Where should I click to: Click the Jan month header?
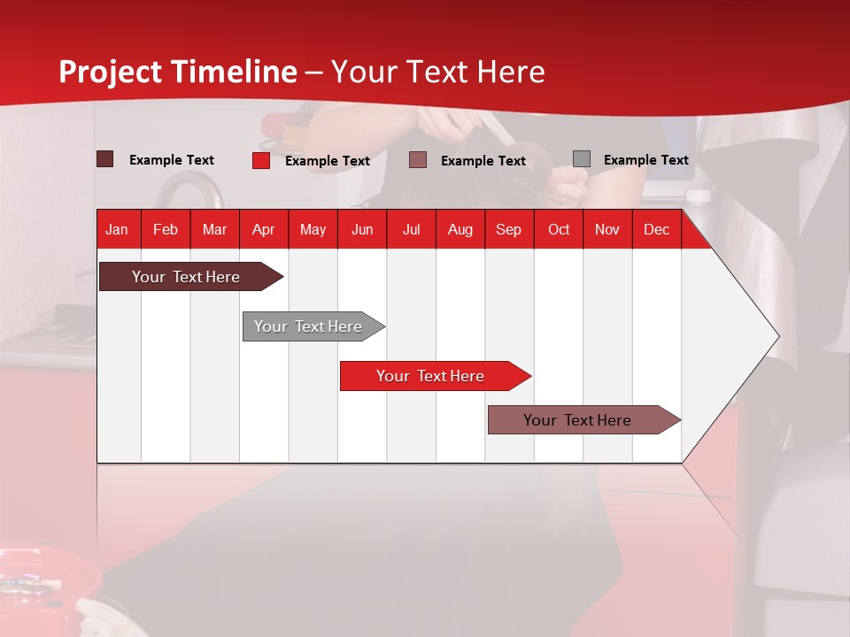pyautogui.click(x=117, y=230)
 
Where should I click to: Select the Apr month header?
pyautogui.click(x=263, y=230)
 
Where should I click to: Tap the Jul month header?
pyautogui.click(x=411, y=230)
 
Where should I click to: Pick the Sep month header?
pyautogui.click(x=508, y=230)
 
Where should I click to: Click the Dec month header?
pyautogui.click(x=656, y=230)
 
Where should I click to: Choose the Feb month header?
pyautogui.click(x=166, y=230)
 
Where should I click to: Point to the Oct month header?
pyautogui.click(x=558, y=230)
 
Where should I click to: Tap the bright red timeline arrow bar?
pyautogui.click(x=431, y=376)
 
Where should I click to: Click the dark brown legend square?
pyautogui.click(x=104, y=159)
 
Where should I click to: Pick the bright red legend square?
pyautogui.click(x=260, y=160)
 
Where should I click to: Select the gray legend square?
pyautogui.click(x=581, y=159)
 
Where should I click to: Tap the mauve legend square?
pyautogui.click(x=418, y=160)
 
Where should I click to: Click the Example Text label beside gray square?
pyautogui.click(x=645, y=160)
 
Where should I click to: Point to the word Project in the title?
pyautogui.click(x=111, y=72)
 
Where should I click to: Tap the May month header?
pyautogui.click(x=313, y=230)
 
